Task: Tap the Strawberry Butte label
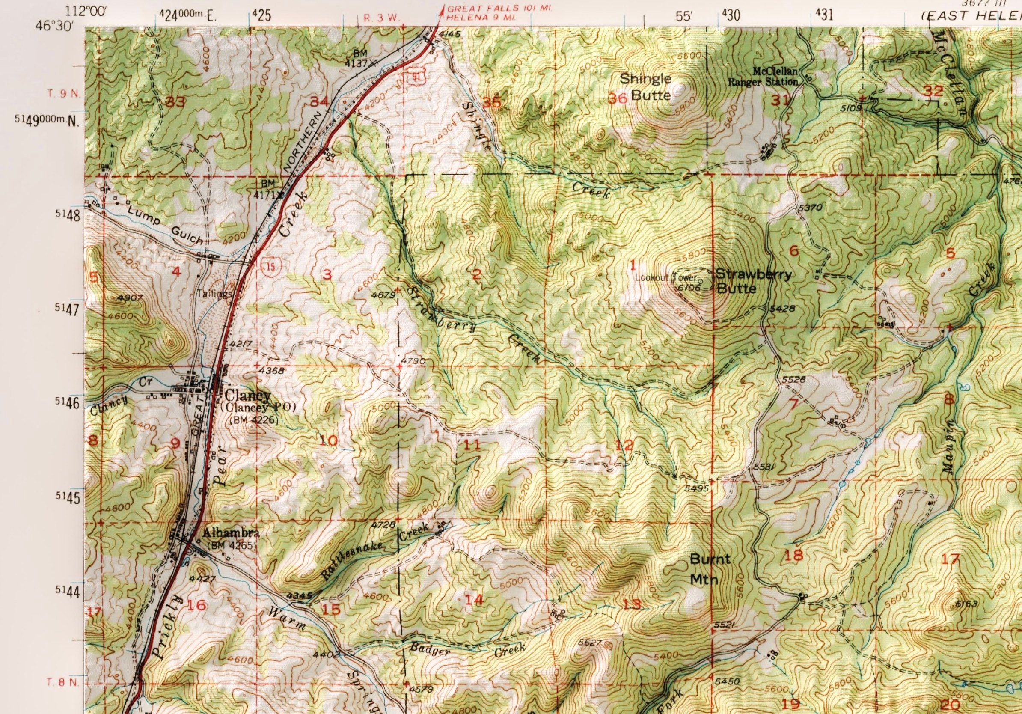click(754, 281)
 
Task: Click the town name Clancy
click(248, 395)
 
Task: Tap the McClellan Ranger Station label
click(763, 76)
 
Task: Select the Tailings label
click(215, 294)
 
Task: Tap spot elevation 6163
click(966, 604)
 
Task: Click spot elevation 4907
click(127, 298)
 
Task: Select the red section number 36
click(618, 98)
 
